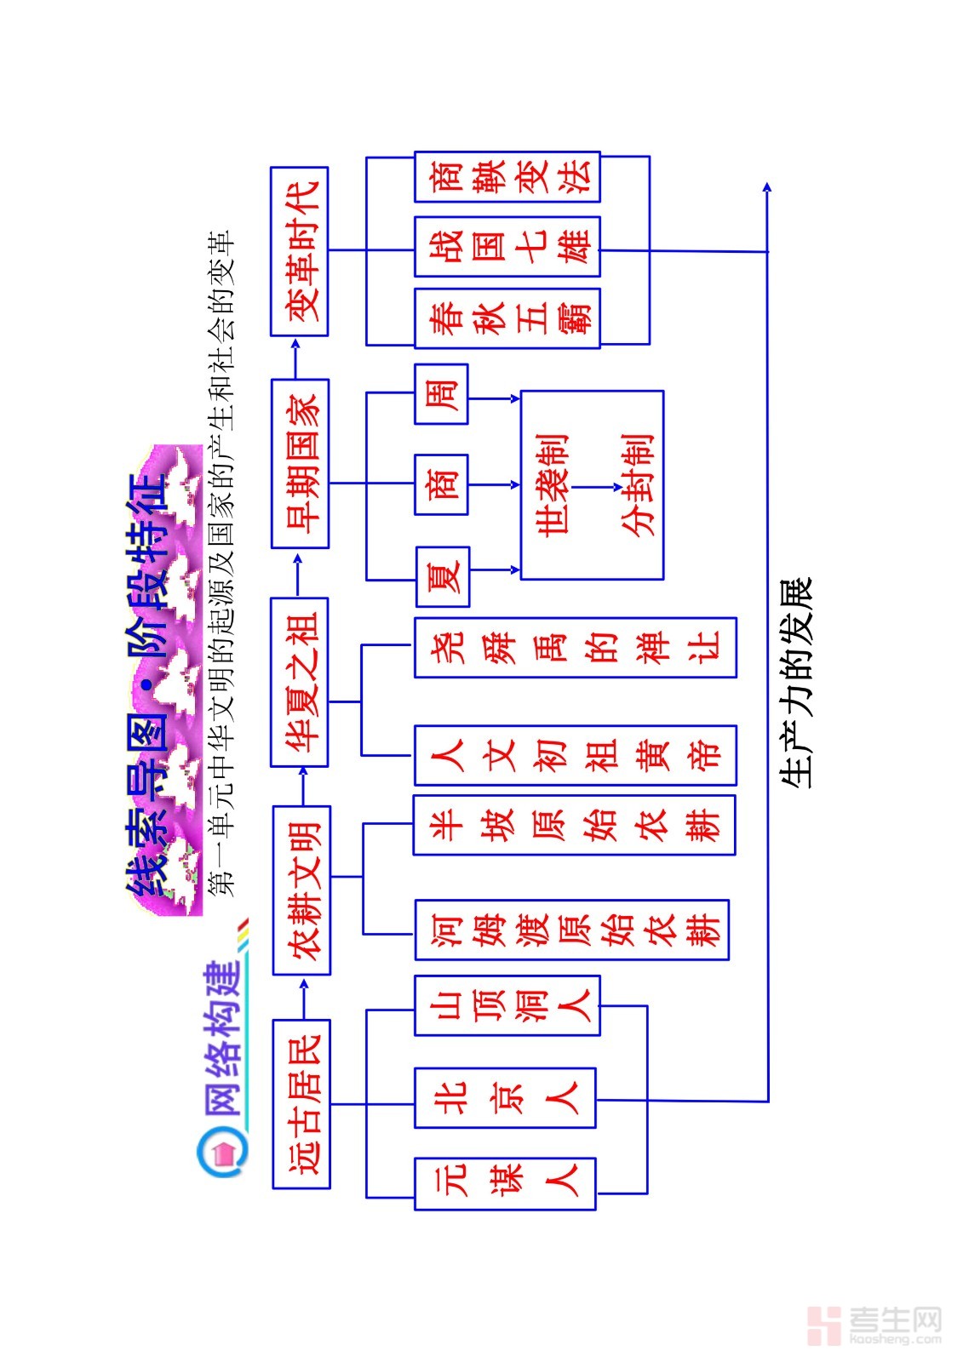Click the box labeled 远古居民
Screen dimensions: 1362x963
click(301, 1103)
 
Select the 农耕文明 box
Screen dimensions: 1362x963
click(301, 890)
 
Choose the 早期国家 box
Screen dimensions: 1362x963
click(300, 464)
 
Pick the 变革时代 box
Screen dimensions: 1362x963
click(300, 251)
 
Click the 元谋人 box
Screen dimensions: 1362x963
click(505, 1183)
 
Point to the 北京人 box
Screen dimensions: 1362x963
click(505, 1097)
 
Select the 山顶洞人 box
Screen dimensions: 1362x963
click(507, 1005)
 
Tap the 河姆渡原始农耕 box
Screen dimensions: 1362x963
click(572, 930)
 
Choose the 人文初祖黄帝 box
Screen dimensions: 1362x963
click(576, 755)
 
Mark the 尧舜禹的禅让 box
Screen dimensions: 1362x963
click(576, 648)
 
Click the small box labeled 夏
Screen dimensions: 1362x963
click(443, 576)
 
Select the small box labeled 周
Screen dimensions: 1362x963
click(441, 394)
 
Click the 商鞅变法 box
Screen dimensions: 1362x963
click(507, 177)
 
